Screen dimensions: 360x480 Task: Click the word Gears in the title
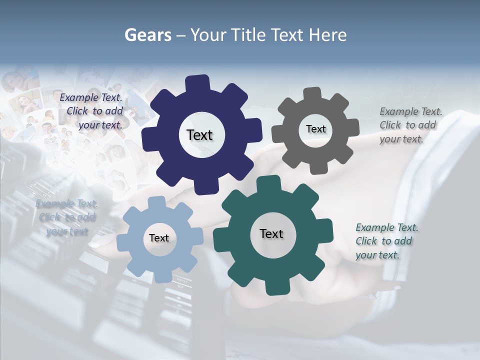click(x=147, y=35)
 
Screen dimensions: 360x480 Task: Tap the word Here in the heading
click(x=327, y=35)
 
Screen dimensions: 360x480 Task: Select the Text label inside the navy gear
click(x=199, y=135)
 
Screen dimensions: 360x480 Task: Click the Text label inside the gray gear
click(x=315, y=129)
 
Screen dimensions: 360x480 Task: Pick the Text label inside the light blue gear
click(x=158, y=238)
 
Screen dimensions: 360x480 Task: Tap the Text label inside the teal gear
click(x=271, y=233)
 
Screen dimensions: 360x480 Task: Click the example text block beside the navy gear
click(x=93, y=111)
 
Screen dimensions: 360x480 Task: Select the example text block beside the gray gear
click(x=410, y=125)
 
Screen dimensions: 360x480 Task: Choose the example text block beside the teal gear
click(x=386, y=241)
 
